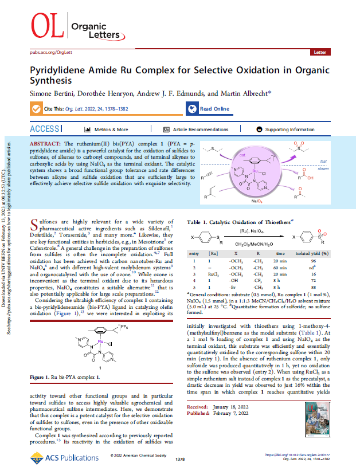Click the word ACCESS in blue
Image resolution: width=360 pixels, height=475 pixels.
(x=44, y=129)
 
